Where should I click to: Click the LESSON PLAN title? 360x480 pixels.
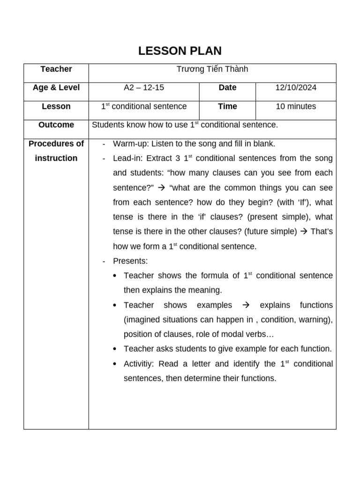(180, 51)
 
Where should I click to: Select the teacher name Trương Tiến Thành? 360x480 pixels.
(212, 69)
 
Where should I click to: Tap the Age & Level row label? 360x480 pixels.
(56, 88)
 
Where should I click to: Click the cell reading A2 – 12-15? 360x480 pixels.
(144, 88)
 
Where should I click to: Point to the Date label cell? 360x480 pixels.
(227, 88)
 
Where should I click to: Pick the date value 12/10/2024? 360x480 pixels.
(296, 88)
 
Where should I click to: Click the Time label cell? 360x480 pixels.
(227, 106)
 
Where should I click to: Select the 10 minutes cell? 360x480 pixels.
(296, 106)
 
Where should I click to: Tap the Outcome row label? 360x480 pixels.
(56, 125)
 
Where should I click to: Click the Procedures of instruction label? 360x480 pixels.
(56, 151)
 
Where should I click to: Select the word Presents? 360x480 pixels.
(130, 261)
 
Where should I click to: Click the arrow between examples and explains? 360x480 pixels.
(245, 305)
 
